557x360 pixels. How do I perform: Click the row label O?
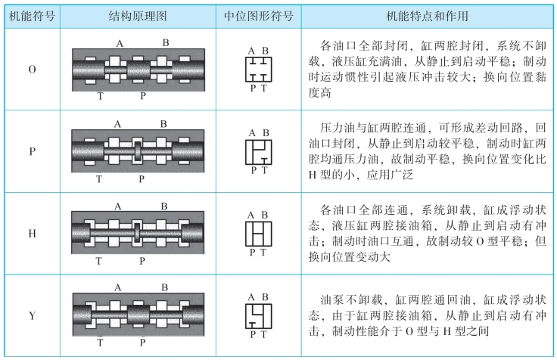click(x=33, y=70)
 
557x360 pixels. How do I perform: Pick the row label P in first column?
click(x=33, y=151)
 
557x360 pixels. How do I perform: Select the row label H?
click(x=33, y=234)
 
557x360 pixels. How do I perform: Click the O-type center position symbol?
click(x=259, y=69)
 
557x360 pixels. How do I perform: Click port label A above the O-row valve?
click(x=120, y=43)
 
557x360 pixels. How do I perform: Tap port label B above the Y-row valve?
click(x=165, y=287)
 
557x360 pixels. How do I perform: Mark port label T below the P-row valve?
click(x=99, y=179)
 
